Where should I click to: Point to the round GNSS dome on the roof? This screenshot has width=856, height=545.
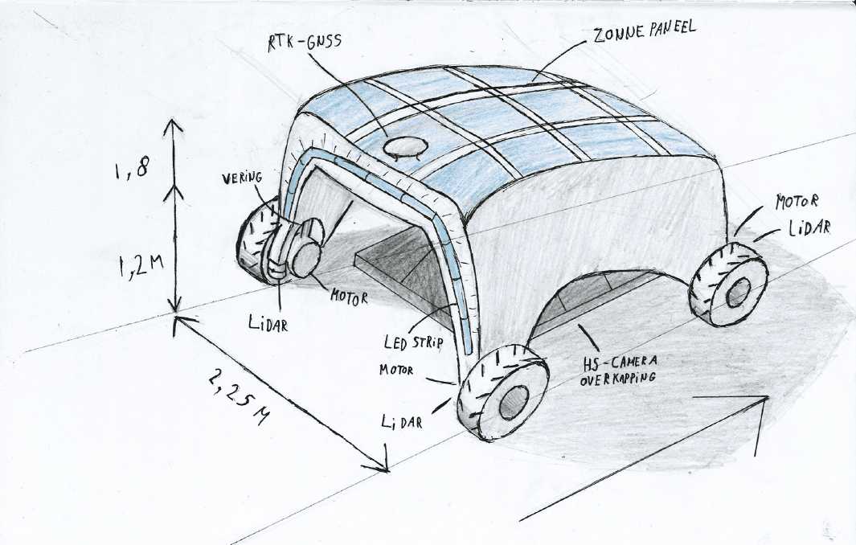point(403,146)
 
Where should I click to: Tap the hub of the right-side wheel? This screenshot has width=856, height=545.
point(735,293)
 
